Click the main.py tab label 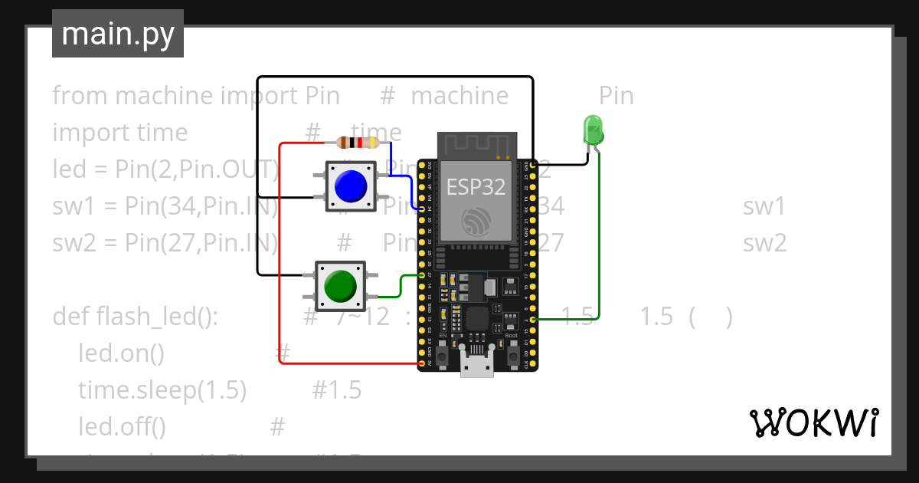(x=117, y=34)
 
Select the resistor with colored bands (x=358, y=142)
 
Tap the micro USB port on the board (x=477, y=366)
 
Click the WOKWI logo (x=813, y=422)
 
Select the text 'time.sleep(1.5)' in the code (x=162, y=390)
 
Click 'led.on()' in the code (x=122, y=353)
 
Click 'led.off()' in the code (x=123, y=426)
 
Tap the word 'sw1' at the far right (x=764, y=206)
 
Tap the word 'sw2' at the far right (x=764, y=243)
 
